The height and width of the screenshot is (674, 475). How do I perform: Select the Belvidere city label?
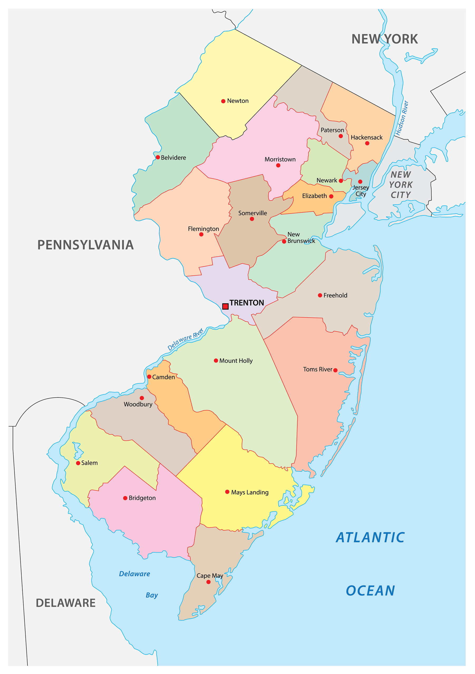tap(173, 158)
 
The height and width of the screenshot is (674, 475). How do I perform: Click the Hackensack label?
tap(367, 137)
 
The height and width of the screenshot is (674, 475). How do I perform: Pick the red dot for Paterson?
tap(341, 136)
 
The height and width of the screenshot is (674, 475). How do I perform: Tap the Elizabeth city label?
tap(314, 196)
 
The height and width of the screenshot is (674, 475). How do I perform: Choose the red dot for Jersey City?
tap(360, 182)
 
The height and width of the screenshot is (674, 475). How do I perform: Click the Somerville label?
tap(253, 213)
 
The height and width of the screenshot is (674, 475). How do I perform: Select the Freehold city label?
tap(335, 295)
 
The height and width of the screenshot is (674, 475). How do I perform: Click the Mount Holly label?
tap(236, 361)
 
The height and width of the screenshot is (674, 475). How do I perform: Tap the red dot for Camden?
tap(149, 377)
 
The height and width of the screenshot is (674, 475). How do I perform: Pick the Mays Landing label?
tap(250, 492)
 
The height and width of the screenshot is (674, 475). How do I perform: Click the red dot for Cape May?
tap(209, 582)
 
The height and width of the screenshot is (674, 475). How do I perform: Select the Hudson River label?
tap(402, 118)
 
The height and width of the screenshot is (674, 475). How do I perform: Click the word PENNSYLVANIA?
tap(85, 245)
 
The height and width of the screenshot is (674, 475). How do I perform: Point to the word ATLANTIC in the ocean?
tap(370, 538)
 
